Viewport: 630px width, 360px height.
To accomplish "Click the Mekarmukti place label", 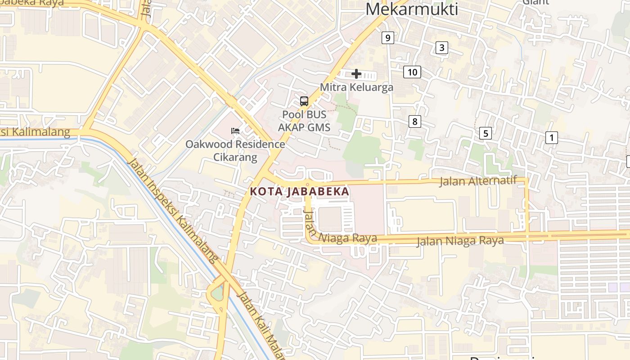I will [411, 9].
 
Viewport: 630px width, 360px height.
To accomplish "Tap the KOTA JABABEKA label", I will [300, 191].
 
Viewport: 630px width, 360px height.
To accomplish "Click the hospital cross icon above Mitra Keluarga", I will [356, 74].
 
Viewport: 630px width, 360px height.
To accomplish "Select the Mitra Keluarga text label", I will [356, 87].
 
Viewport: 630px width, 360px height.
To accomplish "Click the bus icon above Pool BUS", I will [304, 101].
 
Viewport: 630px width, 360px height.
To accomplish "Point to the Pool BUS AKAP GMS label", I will [304, 121].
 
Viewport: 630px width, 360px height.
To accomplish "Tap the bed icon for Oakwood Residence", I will [235, 131].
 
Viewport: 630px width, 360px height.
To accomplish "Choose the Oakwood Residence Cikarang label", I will [235, 151].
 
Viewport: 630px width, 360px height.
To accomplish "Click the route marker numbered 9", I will [387, 38].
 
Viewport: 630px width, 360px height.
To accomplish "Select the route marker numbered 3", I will [442, 48].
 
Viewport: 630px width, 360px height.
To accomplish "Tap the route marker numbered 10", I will [412, 72].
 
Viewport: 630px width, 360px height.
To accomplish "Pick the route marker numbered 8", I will [414, 121].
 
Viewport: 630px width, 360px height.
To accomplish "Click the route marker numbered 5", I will [485, 133].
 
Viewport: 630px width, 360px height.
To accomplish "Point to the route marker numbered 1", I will [551, 138].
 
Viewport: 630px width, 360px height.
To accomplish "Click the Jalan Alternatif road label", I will [478, 181].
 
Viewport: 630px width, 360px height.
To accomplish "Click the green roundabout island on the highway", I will [217, 293].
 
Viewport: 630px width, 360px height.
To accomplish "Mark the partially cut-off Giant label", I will [535, 2].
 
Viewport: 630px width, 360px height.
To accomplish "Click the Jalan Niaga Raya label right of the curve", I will [460, 241].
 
